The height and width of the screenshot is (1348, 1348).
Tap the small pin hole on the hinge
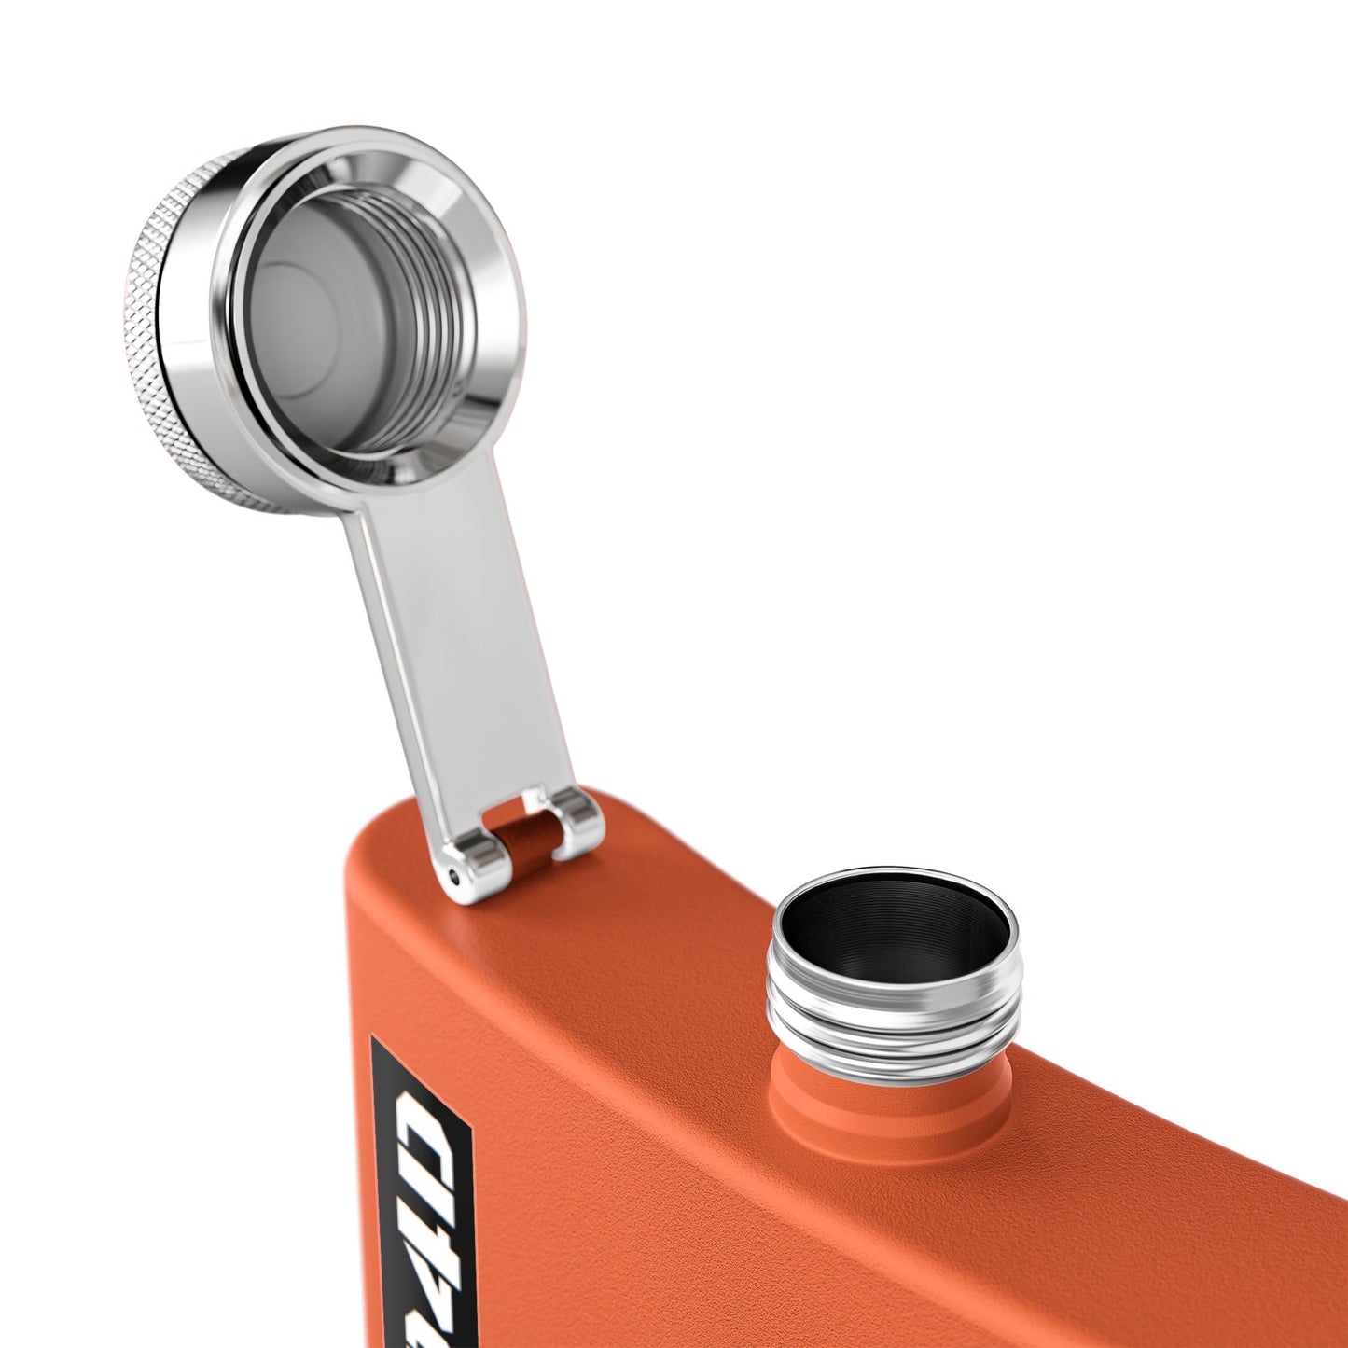click(454, 876)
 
